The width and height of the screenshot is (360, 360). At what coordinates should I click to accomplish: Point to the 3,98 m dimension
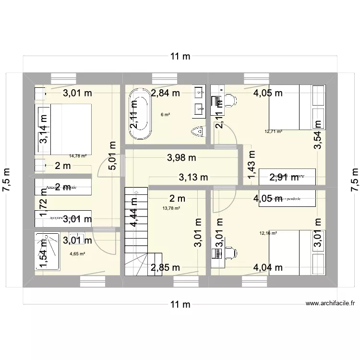[181, 157]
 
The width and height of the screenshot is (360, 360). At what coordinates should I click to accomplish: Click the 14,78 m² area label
[78, 156]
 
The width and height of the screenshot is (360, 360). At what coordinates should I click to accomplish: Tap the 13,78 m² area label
[171, 208]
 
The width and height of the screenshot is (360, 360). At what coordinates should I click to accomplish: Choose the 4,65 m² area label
[77, 254]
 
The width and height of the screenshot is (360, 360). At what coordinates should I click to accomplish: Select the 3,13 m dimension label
[193, 178]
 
